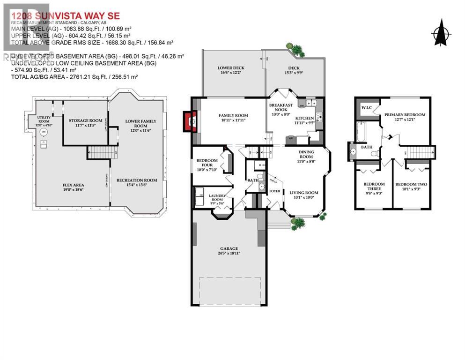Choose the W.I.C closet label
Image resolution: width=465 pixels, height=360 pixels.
coord(365,108)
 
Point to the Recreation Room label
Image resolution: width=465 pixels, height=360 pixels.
coord(137,182)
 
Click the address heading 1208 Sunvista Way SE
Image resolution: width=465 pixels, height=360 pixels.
coord(66,16)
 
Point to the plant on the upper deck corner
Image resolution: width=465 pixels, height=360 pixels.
coord(296,49)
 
